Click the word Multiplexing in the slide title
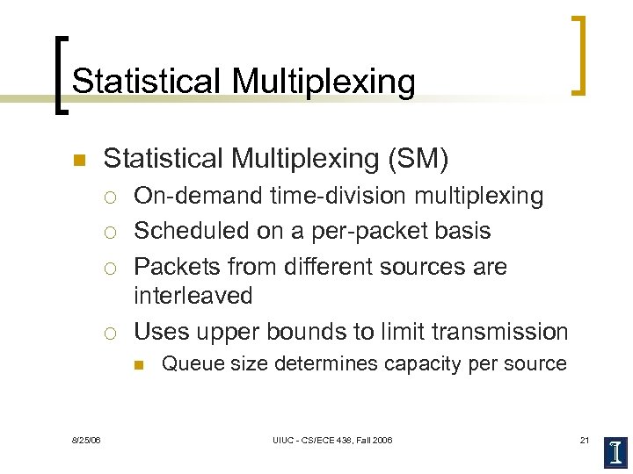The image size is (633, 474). [x=324, y=82]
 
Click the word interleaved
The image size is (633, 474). [x=193, y=296]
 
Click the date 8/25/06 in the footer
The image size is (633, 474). [x=86, y=439]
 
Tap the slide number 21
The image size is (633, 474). [x=585, y=439]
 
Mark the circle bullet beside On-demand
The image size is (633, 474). [x=110, y=197]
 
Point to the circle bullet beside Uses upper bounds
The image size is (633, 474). [x=110, y=333]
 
